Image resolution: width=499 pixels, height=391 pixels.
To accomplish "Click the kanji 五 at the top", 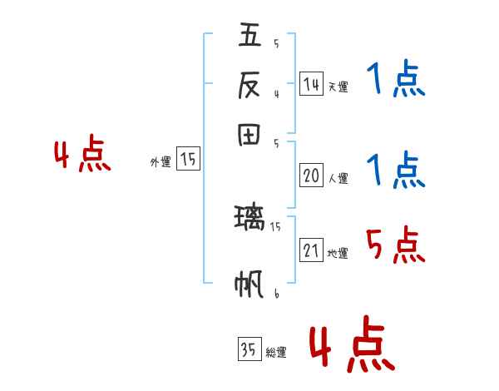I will [250, 36].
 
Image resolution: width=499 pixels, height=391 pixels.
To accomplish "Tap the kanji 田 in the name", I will [250, 135].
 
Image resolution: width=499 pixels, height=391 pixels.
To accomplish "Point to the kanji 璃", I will [249, 219].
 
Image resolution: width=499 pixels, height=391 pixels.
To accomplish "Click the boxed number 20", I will [311, 176].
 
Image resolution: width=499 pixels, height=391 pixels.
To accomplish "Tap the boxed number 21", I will [311, 250].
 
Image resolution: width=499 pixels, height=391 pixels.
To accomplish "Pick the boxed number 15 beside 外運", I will [188, 160].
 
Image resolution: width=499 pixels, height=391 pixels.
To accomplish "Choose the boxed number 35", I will [249, 350].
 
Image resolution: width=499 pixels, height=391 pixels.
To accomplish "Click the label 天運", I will [338, 87].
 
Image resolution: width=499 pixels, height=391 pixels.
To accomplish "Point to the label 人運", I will [338, 178].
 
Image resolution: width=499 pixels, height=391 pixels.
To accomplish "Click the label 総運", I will [276, 353].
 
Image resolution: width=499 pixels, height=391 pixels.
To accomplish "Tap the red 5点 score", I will [395, 245].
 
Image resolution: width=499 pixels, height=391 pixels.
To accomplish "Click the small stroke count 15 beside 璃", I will [276, 225].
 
